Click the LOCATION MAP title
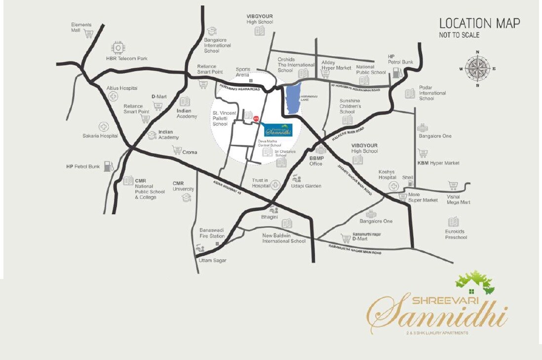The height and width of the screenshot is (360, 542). pos(479,23)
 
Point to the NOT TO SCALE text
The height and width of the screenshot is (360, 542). pos(459,35)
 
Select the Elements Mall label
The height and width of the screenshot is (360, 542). pos(81,27)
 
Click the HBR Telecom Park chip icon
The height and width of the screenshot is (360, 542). pos(118,47)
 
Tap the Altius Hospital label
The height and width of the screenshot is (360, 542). pos(122,88)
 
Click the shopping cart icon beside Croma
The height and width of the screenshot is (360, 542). pos(176,150)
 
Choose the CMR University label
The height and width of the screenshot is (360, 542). pos(183,186)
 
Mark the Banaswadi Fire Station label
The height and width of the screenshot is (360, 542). pos(212,233)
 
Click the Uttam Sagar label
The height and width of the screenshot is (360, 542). pos(212,260)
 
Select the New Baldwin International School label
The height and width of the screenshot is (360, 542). pos(284,238)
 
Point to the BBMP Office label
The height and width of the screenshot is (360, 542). pos(316,161)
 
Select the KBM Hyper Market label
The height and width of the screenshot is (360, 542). pos(438,163)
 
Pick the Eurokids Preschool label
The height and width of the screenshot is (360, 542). pos(456,234)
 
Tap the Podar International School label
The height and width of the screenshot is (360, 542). pos(432,93)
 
